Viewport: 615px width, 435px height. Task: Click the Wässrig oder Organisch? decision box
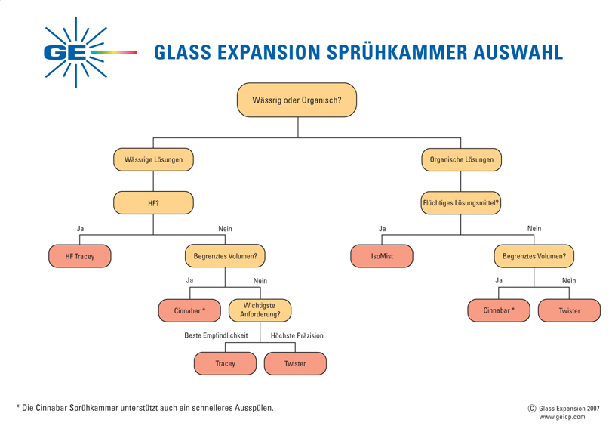[297, 100]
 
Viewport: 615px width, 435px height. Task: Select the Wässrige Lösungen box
[153, 160]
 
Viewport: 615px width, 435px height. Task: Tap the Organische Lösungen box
[461, 160]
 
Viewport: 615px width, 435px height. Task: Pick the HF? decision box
[153, 203]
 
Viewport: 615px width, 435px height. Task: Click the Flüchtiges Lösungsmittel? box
[461, 203]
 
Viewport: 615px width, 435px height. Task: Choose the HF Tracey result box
[80, 256]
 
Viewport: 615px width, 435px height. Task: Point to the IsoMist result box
[382, 256]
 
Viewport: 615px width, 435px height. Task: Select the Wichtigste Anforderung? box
[260, 310]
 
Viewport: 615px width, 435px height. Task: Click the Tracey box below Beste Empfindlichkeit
[225, 363]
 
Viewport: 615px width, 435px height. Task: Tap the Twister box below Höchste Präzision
[295, 363]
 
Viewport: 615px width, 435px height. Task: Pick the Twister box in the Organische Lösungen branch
[569, 310]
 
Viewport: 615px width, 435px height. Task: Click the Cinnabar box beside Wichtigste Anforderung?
[189, 310]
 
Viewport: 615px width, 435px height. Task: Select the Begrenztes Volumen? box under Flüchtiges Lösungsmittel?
[534, 256]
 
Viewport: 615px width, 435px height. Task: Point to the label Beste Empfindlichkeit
[216, 335]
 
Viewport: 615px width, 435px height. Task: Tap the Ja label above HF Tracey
[80, 229]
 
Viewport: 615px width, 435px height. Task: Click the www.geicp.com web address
[561, 417]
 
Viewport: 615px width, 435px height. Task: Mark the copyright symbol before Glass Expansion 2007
[532, 408]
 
